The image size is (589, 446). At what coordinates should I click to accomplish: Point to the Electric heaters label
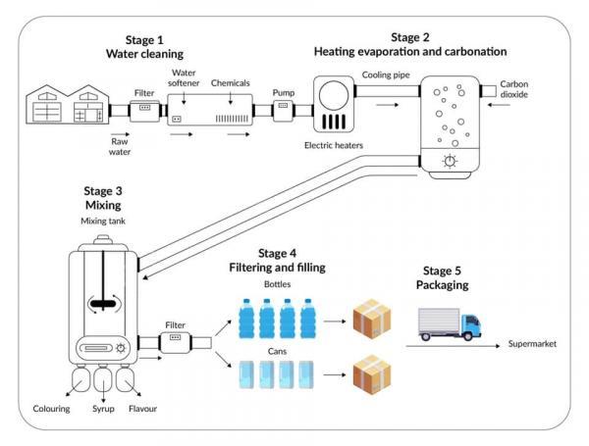coord(335,145)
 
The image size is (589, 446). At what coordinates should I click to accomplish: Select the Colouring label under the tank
coord(51,408)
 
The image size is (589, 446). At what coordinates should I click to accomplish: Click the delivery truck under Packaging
coord(451,323)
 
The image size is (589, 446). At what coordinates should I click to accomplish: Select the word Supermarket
coord(538,345)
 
